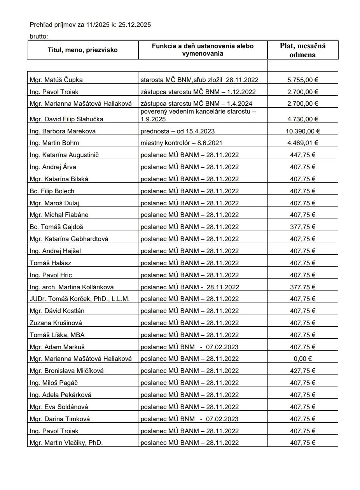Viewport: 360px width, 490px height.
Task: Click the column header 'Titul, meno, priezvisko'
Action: (82, 50)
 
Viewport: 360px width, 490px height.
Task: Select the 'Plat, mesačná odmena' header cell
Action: (302, 50)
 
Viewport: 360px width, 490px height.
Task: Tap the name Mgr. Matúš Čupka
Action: (56, 80)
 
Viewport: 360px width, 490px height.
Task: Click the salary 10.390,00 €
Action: (302, 131)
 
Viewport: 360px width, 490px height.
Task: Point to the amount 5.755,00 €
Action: (302, 80)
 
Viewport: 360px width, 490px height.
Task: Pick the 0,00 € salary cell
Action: (302, 359)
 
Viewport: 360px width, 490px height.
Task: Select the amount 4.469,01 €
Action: (302, 143)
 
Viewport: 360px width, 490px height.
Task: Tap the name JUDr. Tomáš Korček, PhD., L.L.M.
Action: (79, 299)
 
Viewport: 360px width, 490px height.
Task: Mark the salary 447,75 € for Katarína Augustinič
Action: (302, 155)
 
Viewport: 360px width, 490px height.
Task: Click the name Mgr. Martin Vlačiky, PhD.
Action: (66, 443)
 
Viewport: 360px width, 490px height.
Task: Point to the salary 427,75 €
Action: (302, 371)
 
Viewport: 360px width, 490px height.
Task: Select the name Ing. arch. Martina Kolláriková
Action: (72, 287)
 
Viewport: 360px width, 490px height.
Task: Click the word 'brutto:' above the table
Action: (39, 37)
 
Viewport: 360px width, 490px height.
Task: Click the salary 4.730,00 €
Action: (302, 119)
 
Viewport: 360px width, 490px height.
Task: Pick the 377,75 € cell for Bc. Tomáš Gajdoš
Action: (302, 227)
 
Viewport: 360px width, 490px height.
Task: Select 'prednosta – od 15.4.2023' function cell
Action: (178, 131)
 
